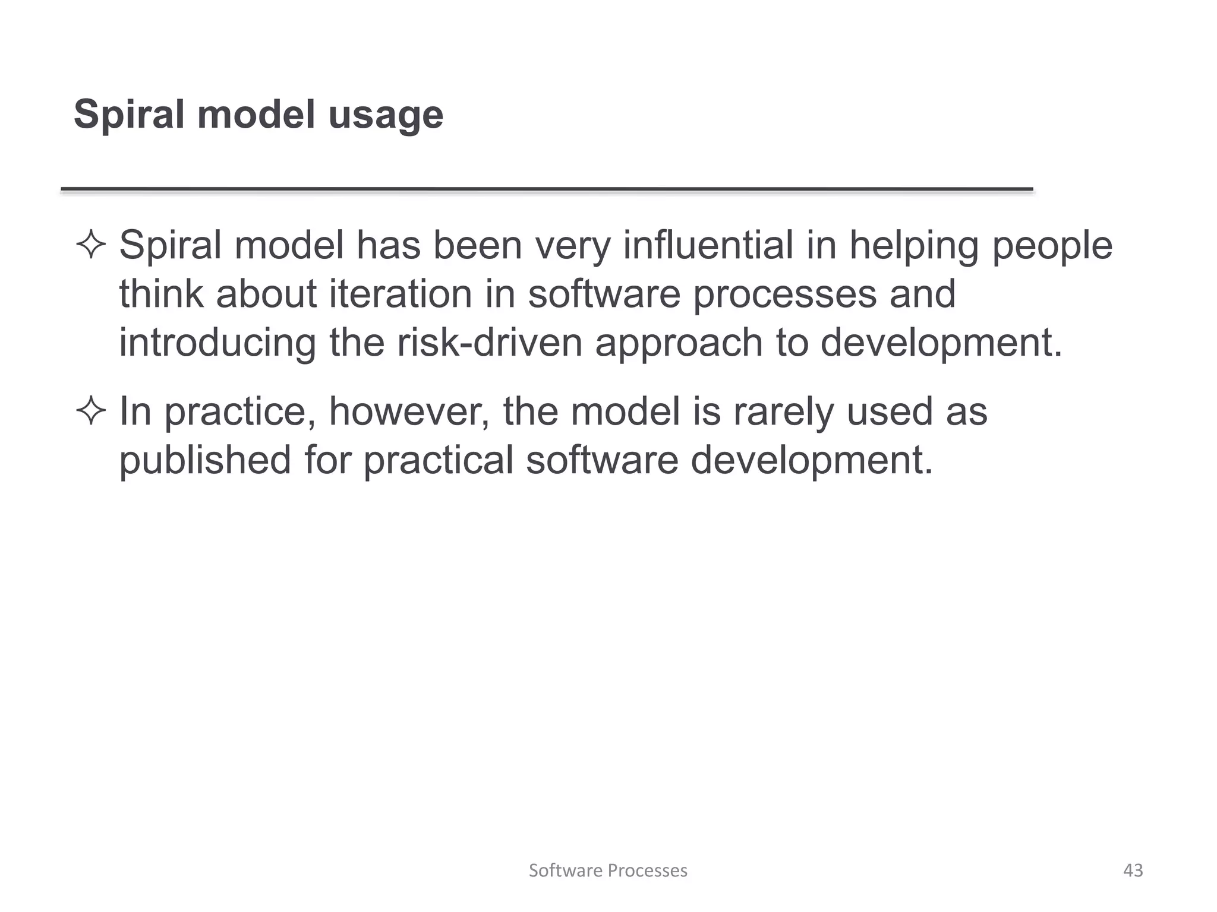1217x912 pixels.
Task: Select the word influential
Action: pos(708,245)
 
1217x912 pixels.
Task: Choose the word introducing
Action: pos(217,344)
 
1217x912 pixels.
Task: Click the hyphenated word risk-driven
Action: pos(490,343)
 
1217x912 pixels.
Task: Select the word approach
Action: pos(679,344)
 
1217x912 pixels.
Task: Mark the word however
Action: pos(409,411)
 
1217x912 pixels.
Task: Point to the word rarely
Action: pos(783,413)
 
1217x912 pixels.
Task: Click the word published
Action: pos(205,460)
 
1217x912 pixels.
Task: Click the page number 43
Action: pos(1133,870)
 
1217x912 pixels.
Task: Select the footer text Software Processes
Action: pos(608,870)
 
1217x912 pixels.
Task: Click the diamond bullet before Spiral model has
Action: pos(91,245)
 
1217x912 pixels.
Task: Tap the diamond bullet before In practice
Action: pos(91,411)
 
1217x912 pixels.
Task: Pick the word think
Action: pos(160,294)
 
